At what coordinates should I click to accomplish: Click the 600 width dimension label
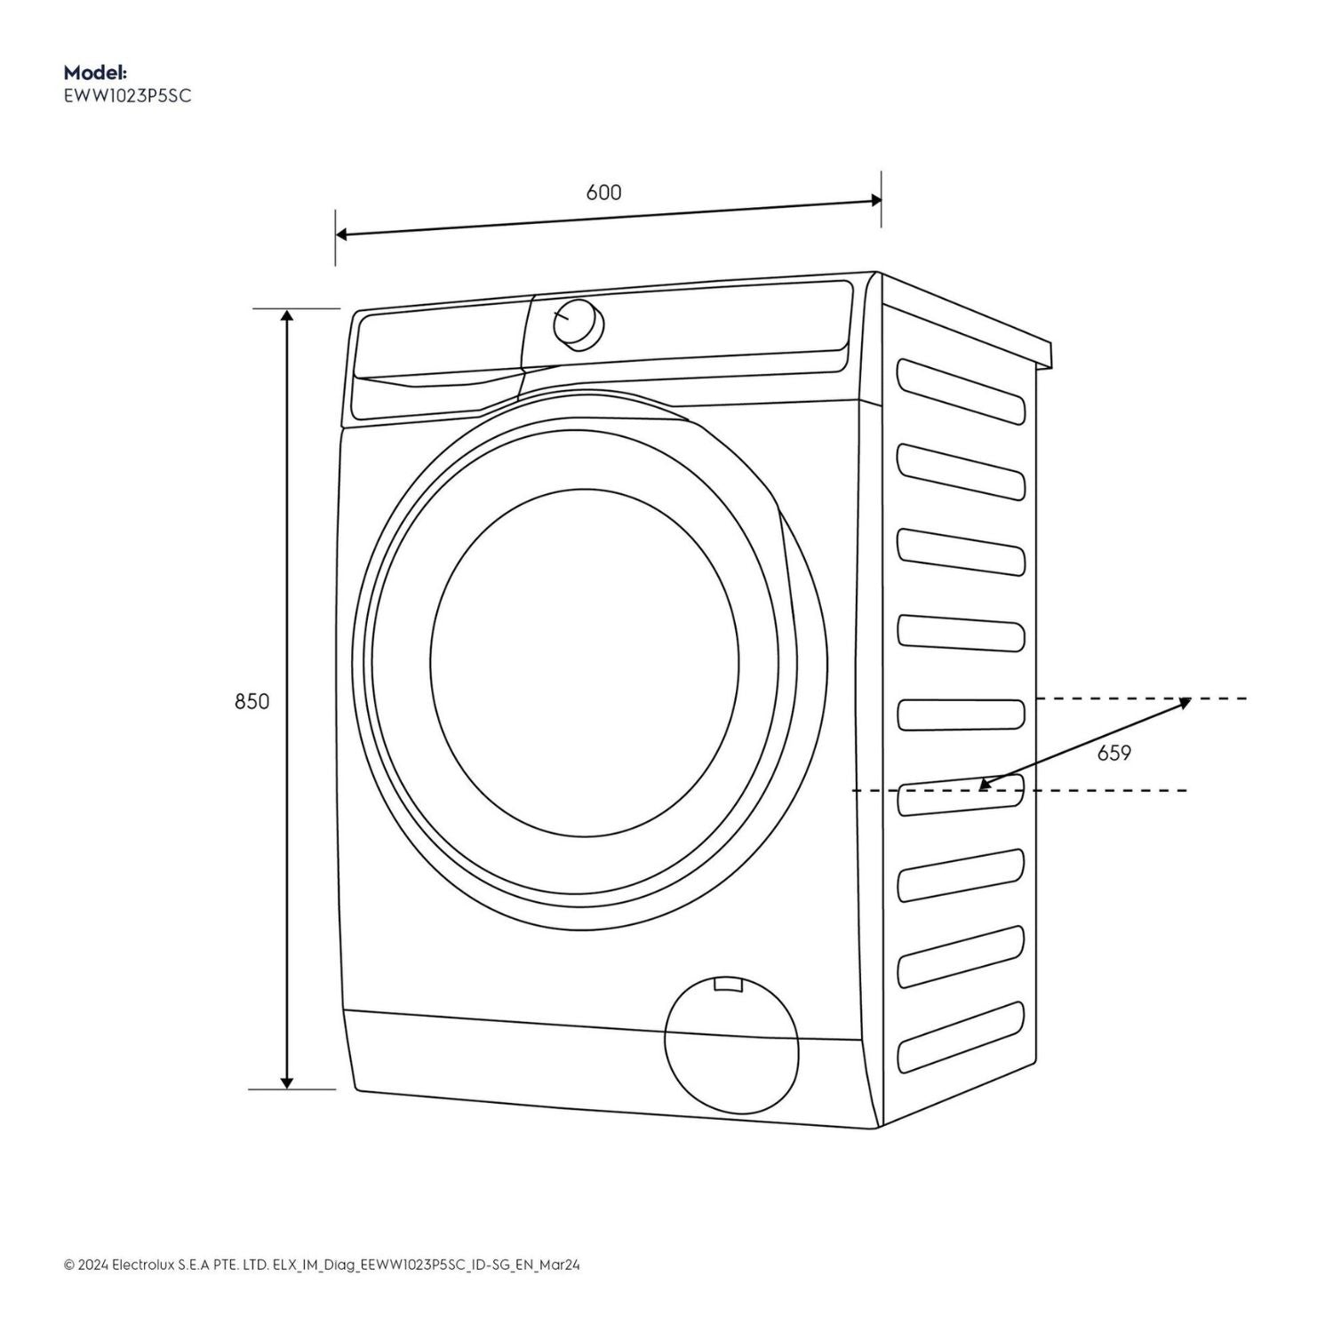click(603, 192)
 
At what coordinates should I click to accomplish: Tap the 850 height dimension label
click(251, 701)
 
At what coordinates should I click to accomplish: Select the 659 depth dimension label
click(1113, 754)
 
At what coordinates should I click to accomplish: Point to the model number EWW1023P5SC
click(127, 96)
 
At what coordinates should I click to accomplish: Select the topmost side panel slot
click(961, 390)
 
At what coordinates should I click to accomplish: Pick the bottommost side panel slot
click(961, 1038)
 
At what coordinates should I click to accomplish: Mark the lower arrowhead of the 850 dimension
click(286, 1082)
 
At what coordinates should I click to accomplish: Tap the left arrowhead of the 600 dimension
click(342, 235)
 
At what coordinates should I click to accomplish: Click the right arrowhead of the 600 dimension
click(875, 201)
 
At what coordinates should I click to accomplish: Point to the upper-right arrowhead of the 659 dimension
click(1185, 702)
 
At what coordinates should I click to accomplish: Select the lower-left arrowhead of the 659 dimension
click(984, 785)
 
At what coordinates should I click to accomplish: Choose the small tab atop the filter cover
click(728, 984)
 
